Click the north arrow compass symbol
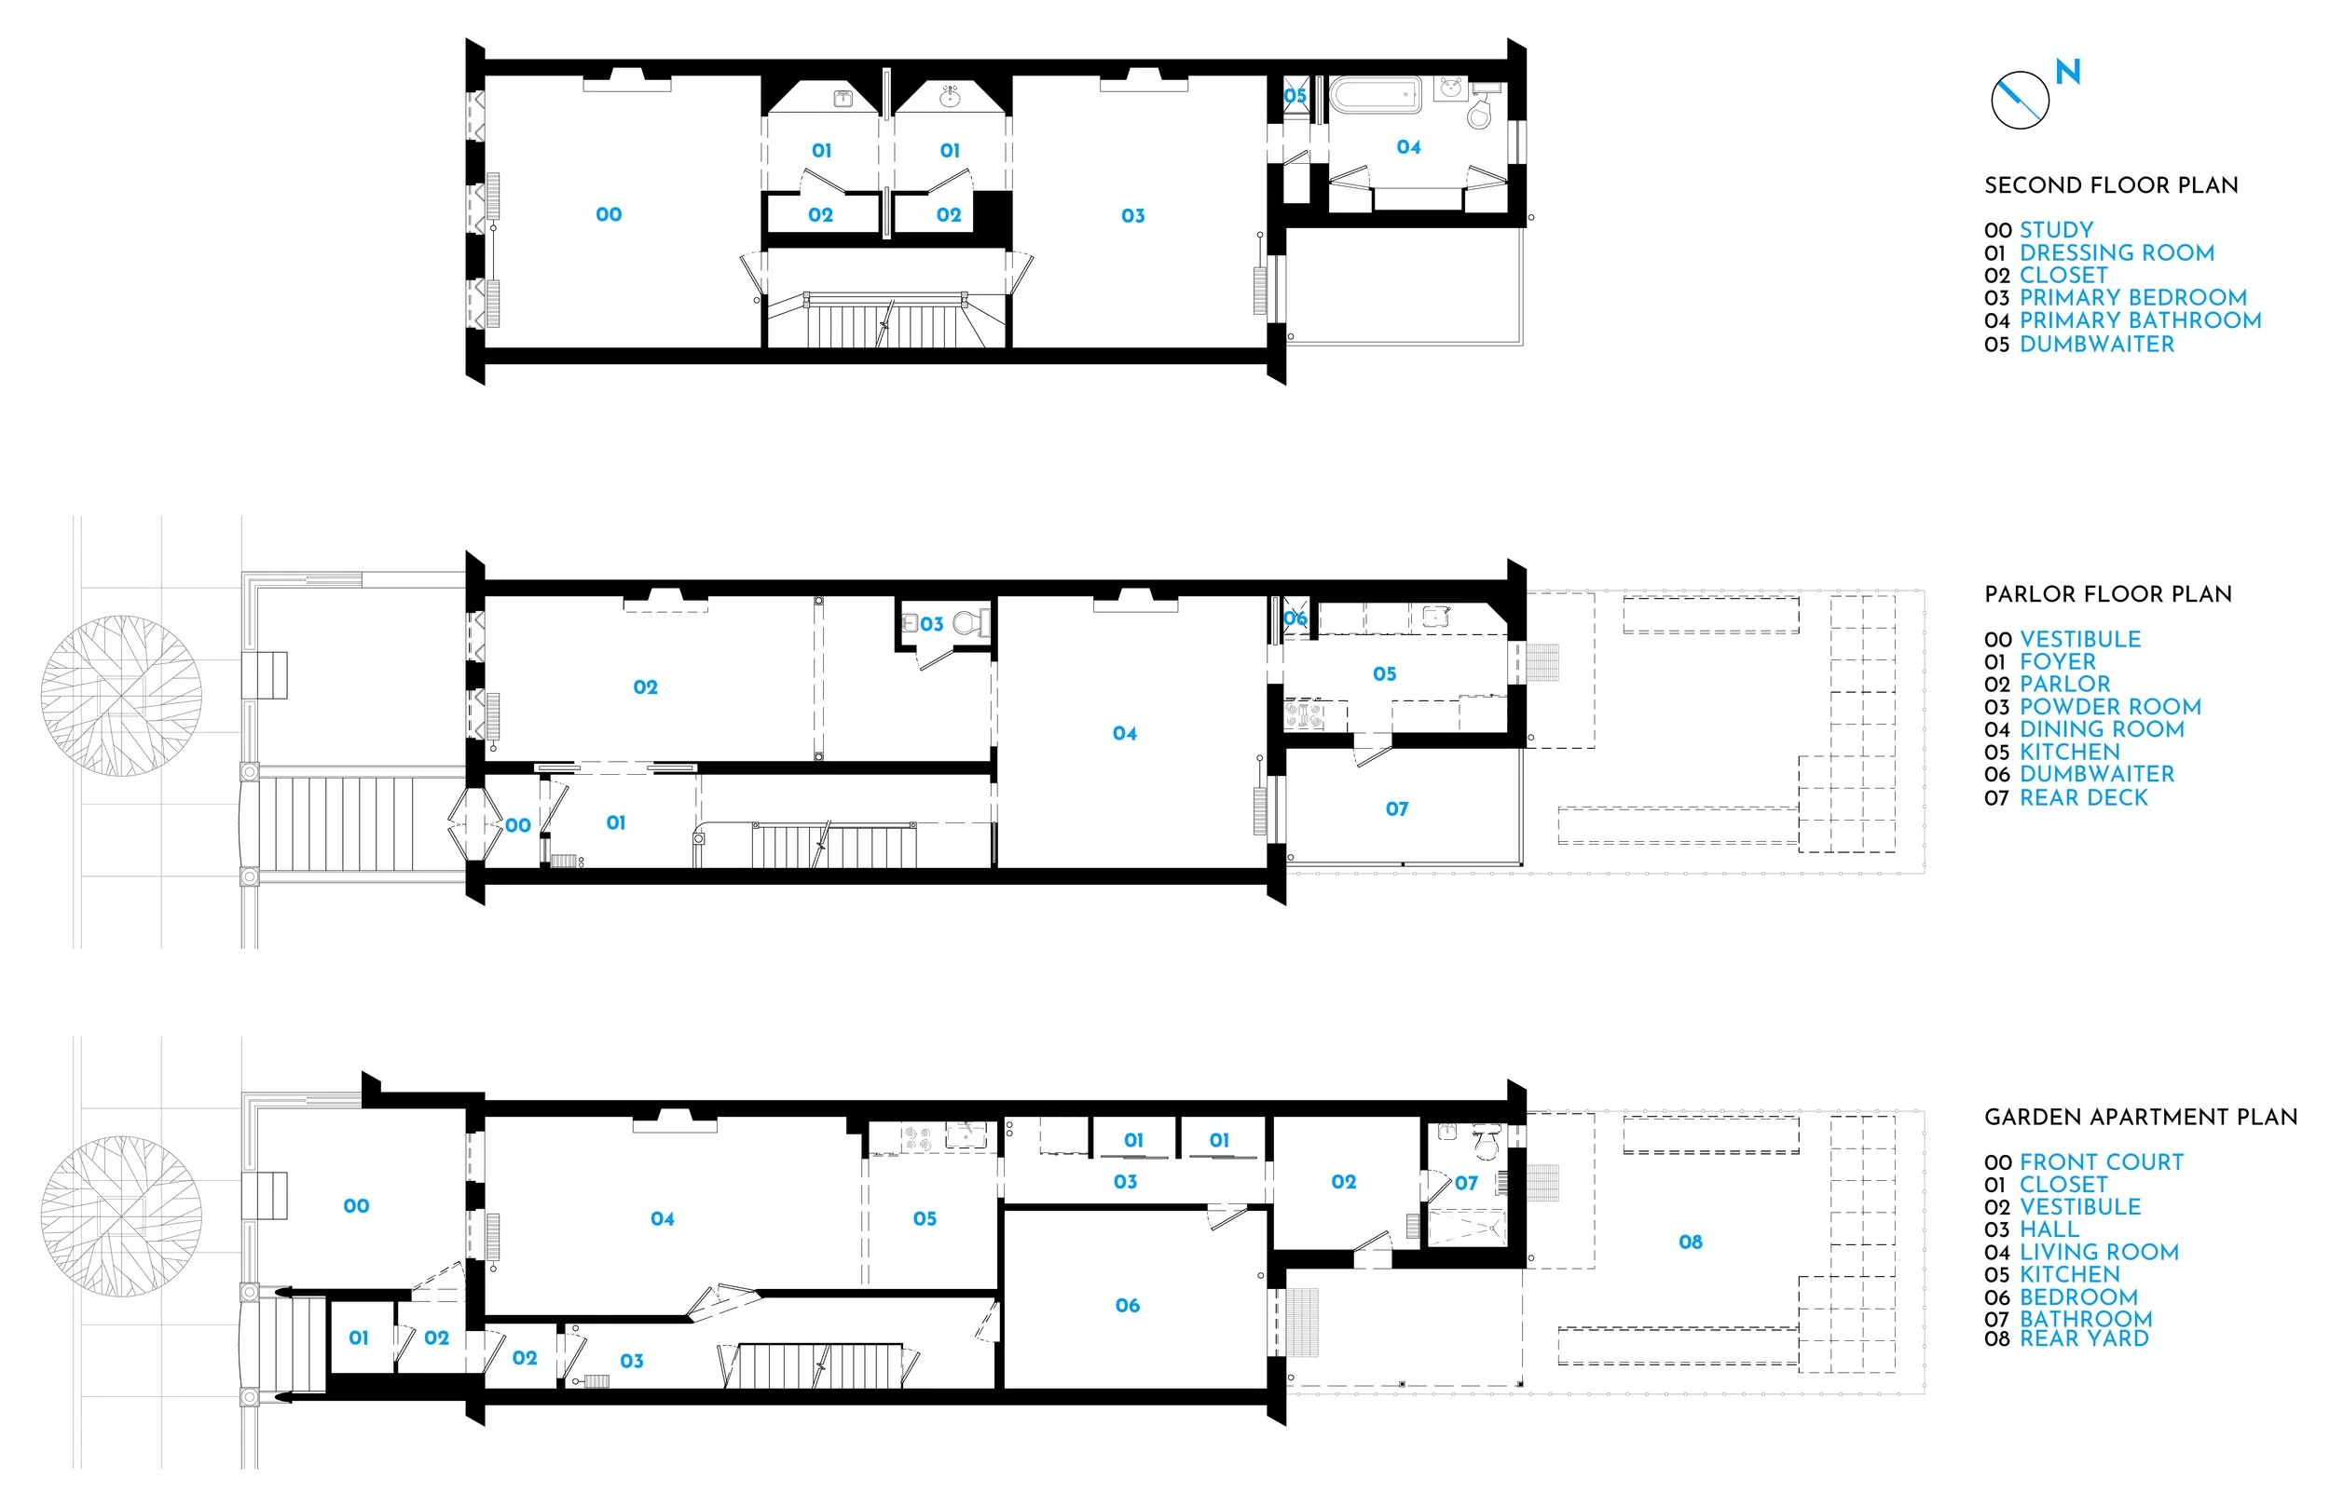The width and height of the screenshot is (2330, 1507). (2020, 100)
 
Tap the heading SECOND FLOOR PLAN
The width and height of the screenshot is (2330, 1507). (2111, 186)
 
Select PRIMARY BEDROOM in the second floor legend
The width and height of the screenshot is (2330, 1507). (2132, 297)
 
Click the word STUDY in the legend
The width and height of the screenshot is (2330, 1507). (2056, 230)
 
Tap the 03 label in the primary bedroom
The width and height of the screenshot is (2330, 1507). (1132, 216)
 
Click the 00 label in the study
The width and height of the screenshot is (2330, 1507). (608, 214)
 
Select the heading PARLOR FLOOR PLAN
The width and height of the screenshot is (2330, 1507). (2108, 594)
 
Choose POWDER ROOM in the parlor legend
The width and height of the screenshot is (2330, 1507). (2110, 707)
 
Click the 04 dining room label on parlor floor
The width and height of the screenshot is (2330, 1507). (1124, 733)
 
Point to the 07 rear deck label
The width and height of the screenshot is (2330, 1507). (1396, 809)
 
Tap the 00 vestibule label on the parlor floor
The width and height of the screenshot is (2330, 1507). (518, 826)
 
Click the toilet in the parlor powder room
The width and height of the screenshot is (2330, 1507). (967, 623)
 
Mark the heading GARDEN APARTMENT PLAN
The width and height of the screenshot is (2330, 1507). (2140, 1118)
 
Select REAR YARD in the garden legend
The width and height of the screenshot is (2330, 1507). (2083, 1338)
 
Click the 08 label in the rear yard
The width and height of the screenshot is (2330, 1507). (1690, 1242)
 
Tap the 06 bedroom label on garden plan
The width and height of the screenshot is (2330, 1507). (1127, 1306)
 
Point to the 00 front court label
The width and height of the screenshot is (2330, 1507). (356, 1206)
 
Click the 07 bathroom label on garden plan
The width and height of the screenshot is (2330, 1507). (1465, 1183)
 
